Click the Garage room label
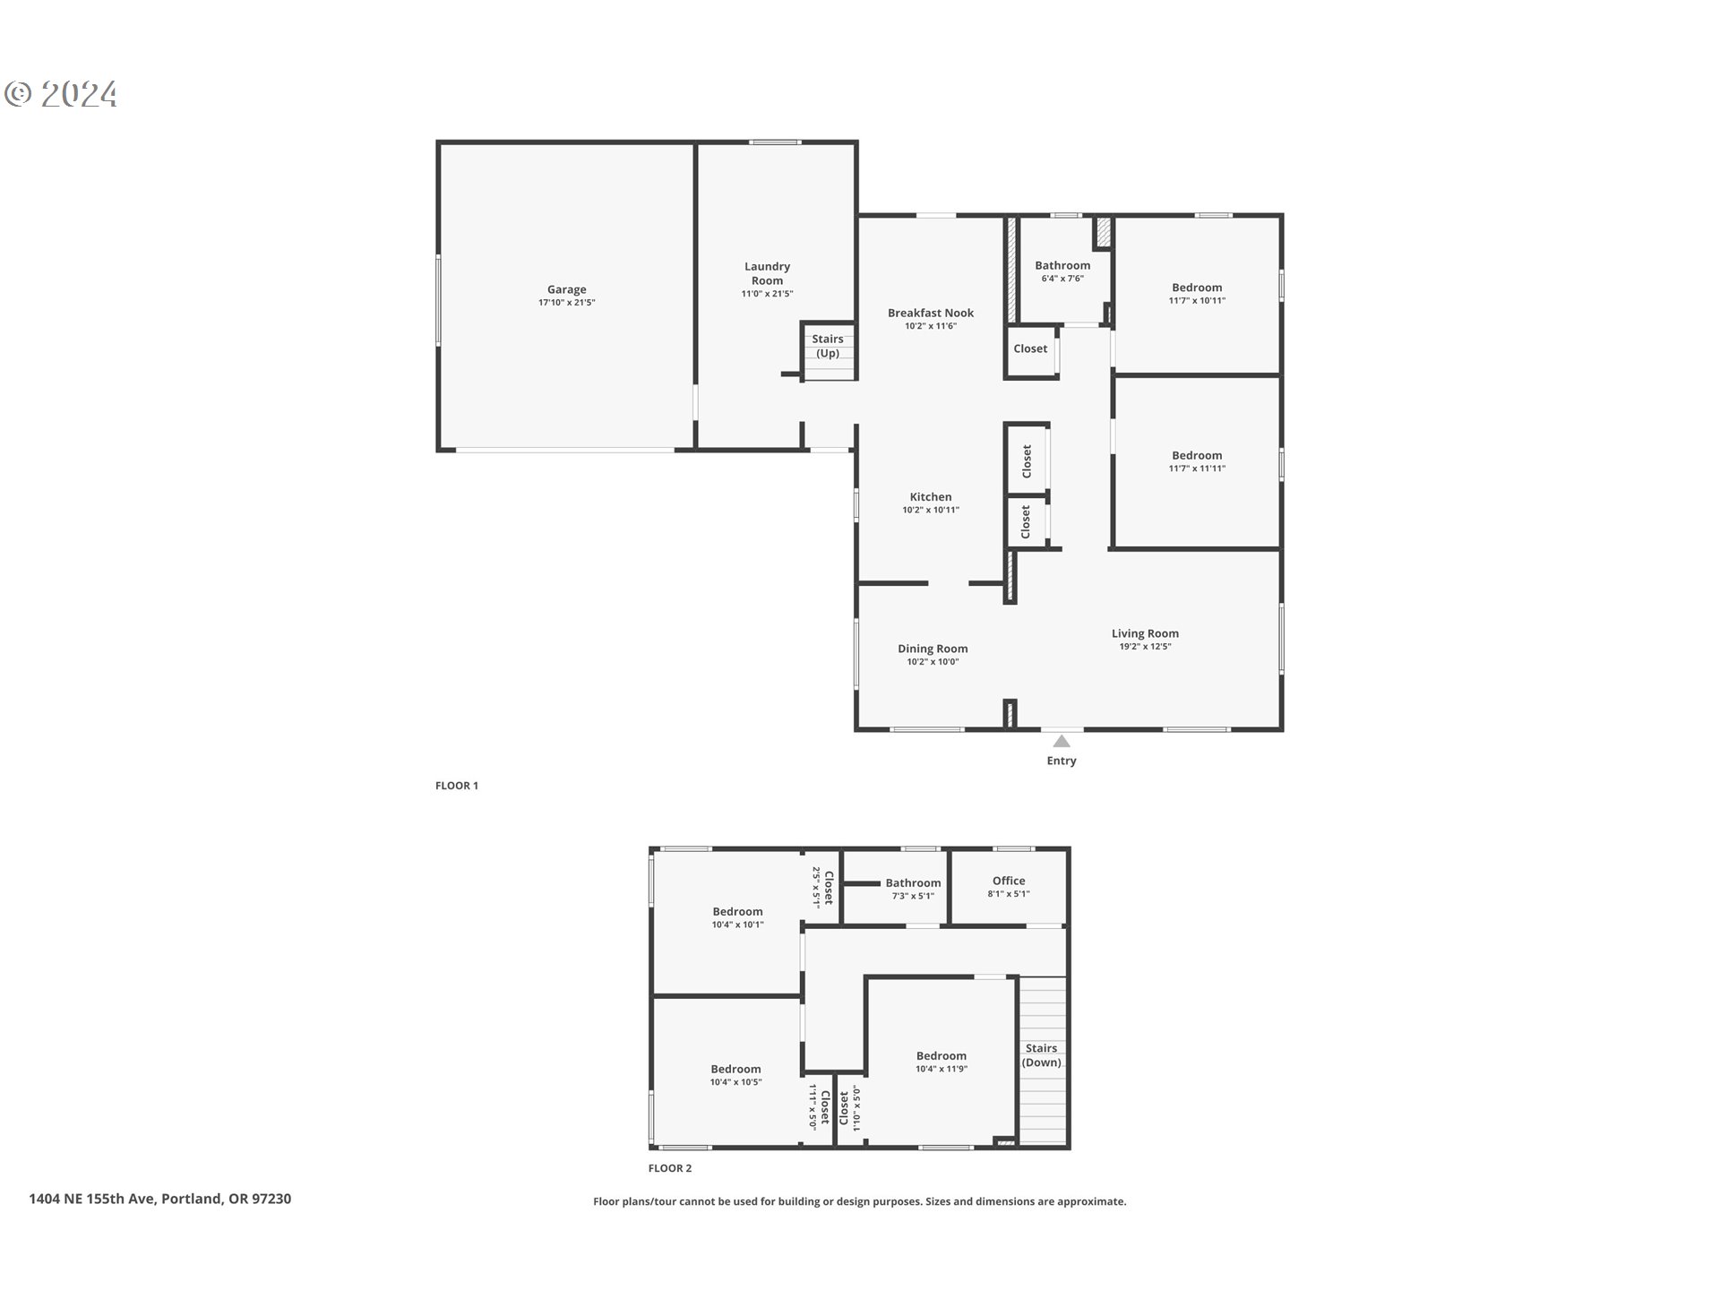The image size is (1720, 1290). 566,289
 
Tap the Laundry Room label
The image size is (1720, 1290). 767,273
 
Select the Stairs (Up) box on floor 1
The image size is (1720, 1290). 828,346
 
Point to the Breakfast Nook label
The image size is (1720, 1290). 931,313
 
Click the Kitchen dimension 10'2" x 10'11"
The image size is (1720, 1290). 931,511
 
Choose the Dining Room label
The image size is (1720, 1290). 933,649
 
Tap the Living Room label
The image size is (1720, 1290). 1145,633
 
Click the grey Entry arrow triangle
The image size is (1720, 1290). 1062,742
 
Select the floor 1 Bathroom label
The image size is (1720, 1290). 1062,265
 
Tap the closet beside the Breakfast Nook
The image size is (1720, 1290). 1030,348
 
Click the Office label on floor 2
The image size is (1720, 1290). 1009,881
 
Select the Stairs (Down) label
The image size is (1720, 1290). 1041,1055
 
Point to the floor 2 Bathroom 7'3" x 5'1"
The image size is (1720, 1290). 913,889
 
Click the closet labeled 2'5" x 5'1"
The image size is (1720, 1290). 822,887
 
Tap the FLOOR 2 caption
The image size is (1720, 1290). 670,1168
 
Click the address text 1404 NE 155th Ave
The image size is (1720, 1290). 159,1199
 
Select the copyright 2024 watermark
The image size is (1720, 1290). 61,94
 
